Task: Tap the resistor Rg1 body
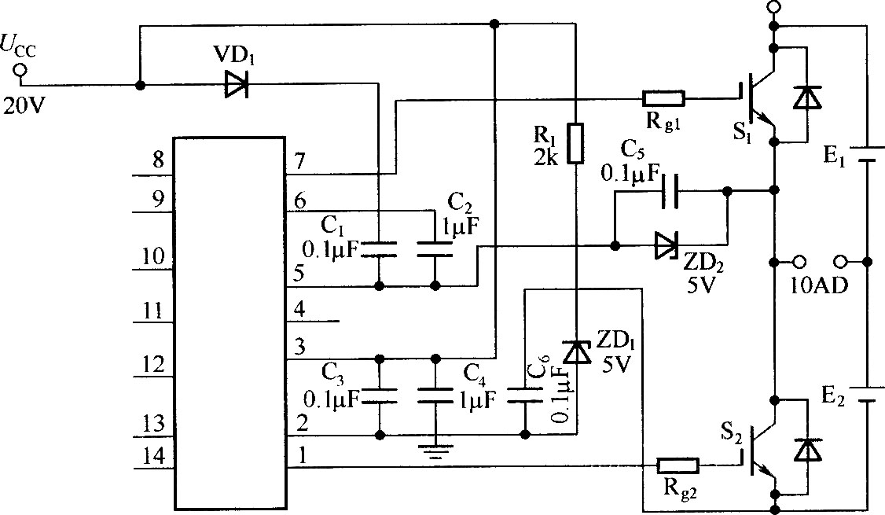[663, 99]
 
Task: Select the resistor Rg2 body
[678, 466]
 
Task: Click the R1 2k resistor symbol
[575, 143]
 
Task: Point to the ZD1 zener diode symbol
[576, 351]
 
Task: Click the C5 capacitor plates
[670, 191]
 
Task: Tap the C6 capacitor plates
[525, 395]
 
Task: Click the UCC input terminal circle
[20, 71]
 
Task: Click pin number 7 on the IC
[299, 162]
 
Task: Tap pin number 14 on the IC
[153, 455]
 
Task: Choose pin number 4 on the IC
[299, 309]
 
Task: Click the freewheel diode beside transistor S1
[807, 97]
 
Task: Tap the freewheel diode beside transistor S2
[807, 450]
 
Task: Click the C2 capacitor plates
[435, 249]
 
